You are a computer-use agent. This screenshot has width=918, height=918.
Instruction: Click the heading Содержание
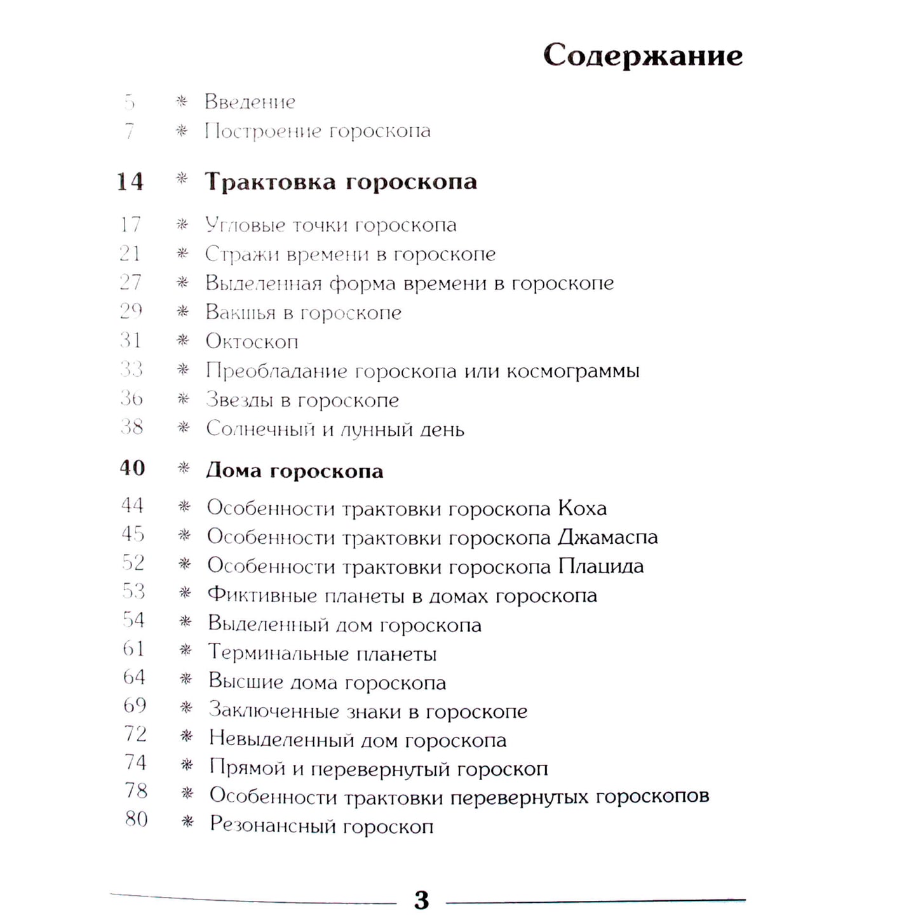(642, 55)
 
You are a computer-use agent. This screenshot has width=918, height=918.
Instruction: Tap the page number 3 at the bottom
(421, 900)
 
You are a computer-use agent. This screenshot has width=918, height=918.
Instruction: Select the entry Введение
(250, 102)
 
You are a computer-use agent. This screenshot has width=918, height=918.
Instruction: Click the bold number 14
(130, 182)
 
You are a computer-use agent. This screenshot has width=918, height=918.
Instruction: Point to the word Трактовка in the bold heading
(270, 182)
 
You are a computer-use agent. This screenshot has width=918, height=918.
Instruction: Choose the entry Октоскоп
(252, 342)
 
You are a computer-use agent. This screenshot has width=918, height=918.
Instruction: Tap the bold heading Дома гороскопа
(295, 471)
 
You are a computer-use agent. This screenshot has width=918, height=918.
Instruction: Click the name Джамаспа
(607, 537)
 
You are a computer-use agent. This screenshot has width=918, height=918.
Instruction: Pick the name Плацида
(600, 566)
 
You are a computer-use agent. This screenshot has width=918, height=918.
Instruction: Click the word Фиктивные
(262, 595)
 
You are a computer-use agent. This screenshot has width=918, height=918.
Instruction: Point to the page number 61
(133, 649)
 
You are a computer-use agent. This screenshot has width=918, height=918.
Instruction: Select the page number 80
(136, 819)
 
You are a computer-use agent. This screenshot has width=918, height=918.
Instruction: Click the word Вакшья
(240, 313)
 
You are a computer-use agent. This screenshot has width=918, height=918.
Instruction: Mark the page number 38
(132, 427)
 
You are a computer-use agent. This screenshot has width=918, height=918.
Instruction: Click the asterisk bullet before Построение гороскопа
(182, 131)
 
